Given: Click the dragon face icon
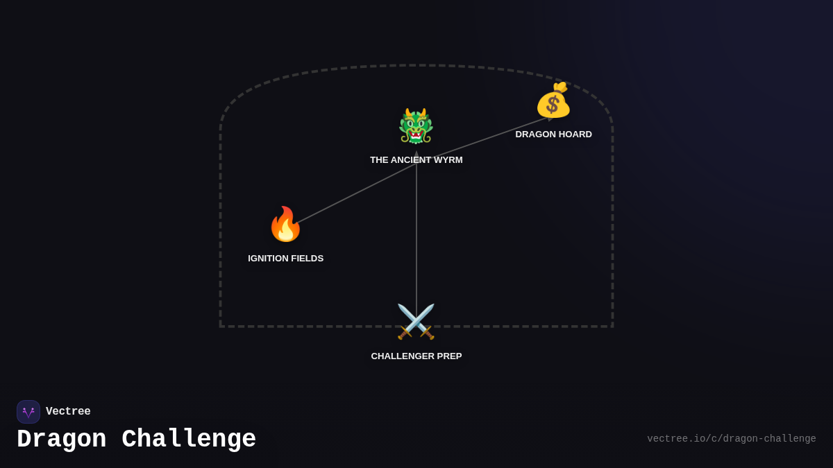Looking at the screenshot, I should [x=416, y=126].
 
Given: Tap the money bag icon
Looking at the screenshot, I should [x=553, y=101].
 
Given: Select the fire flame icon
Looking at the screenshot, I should [x=285, y=224].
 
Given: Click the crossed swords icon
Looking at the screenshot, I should [x=416, y=322].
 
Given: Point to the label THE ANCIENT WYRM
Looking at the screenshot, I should [x=416, y=160].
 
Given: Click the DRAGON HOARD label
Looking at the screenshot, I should [x=553, y=135].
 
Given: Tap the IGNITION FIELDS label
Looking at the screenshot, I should [x=285, y=259].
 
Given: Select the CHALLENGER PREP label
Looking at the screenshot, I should [x=416, y=356].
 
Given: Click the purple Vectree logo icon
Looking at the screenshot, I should [x=28, y=412].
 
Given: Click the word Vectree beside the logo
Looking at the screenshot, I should [x=68, y=412].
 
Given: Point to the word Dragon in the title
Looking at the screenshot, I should [x=62, y=440].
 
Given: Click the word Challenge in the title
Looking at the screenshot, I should [x=189, y=440].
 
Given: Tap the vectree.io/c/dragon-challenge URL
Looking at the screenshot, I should [x=731, y=439].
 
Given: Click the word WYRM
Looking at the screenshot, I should [x=447, y=160].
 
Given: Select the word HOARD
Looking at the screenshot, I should [x=575, y=135].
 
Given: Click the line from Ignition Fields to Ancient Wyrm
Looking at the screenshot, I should [x=354, y=194].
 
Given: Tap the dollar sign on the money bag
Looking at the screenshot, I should [x=553, y=105].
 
